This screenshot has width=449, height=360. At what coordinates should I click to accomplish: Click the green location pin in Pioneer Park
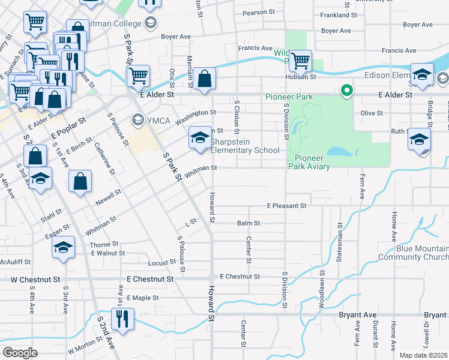[x=346, y=91]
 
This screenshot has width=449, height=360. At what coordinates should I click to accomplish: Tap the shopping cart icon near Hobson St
[x=300, y=61]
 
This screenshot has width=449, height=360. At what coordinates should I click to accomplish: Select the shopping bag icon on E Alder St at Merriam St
[x=204, y=79]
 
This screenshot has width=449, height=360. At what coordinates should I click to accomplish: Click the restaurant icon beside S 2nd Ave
[x=122, y=318]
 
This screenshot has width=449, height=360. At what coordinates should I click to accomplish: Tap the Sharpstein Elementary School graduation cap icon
[x=200, y=138]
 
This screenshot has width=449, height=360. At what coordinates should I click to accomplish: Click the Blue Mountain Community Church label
[x=413, y=253]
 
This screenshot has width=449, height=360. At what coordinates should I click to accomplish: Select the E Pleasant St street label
[x=287, y=206]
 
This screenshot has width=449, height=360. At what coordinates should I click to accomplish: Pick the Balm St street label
[x=249, y=223]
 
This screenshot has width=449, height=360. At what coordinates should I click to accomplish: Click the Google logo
[x=20, y=353]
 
